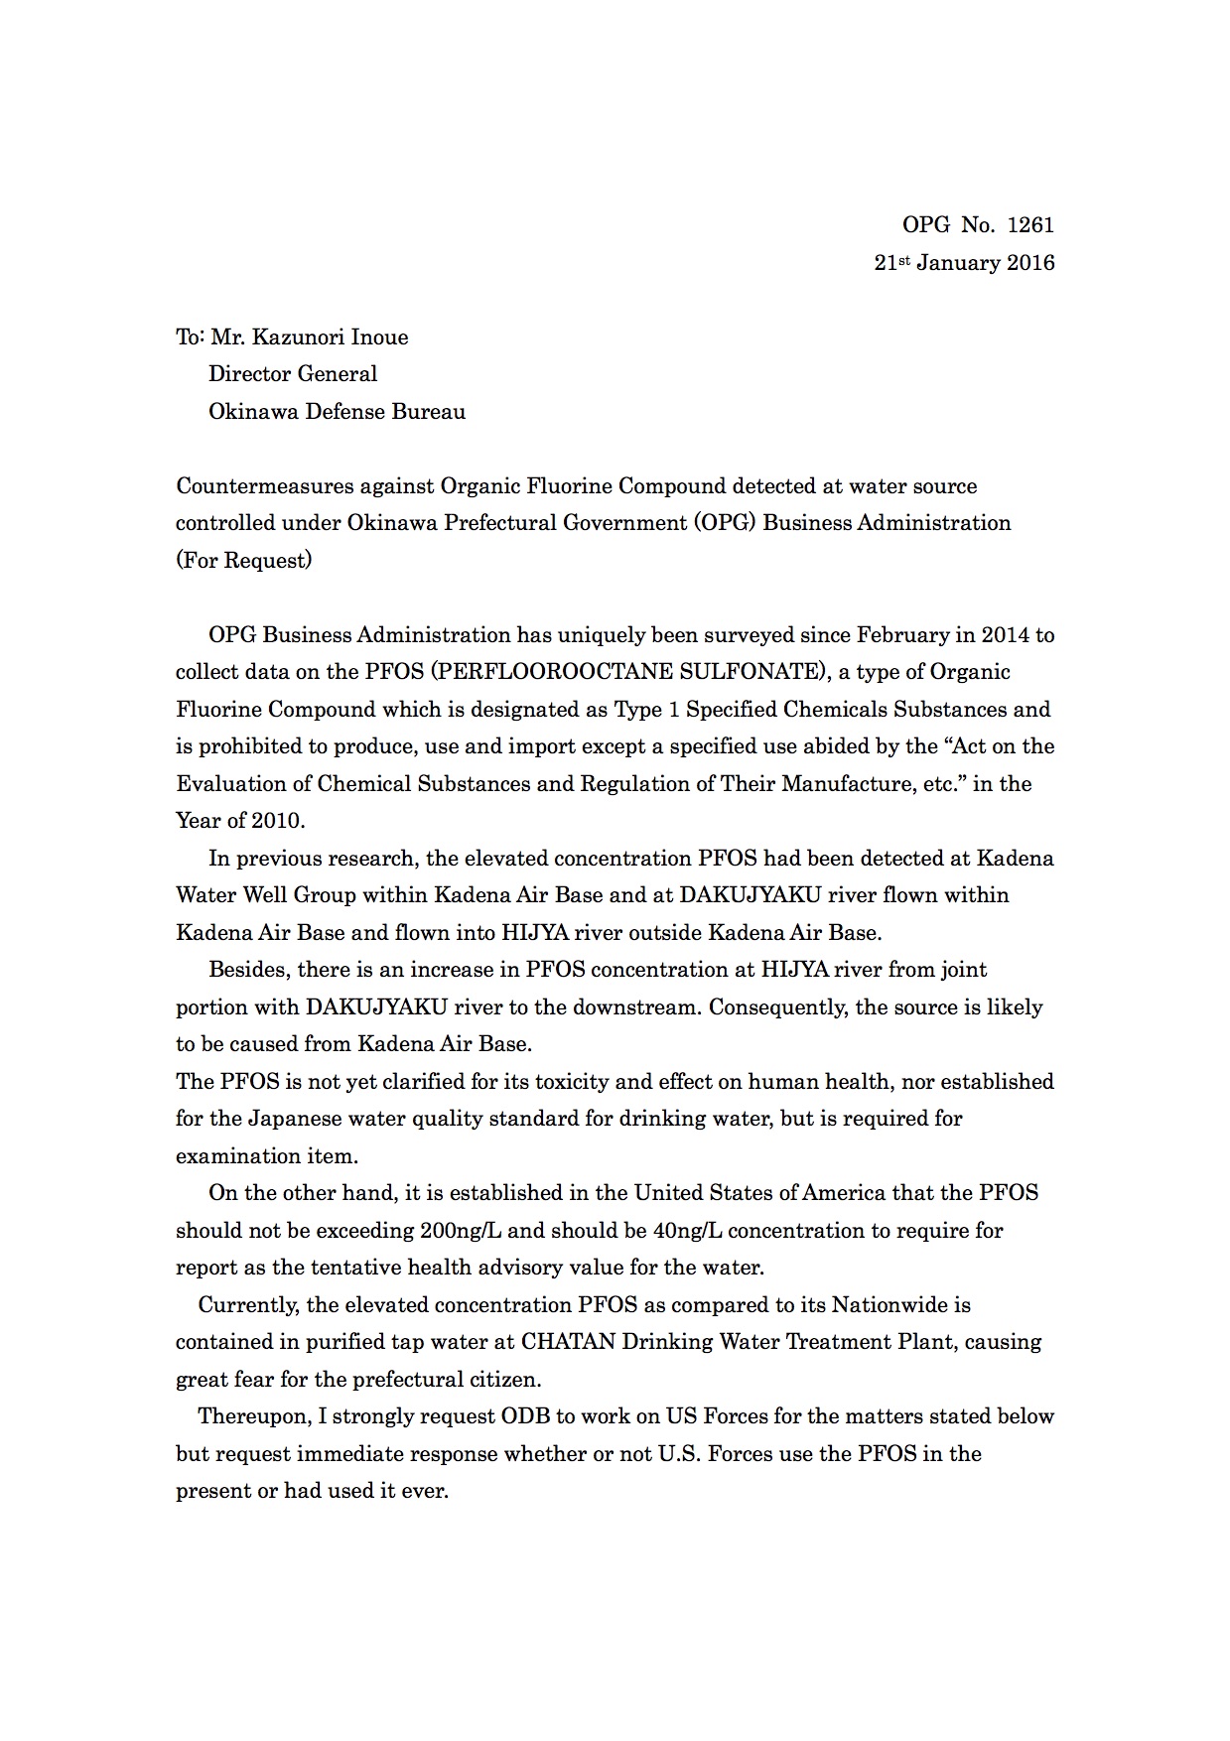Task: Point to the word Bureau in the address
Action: (427, 412)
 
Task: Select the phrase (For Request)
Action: (243, 561)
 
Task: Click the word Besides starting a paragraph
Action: (248, 970)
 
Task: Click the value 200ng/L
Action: (461, 1231)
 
